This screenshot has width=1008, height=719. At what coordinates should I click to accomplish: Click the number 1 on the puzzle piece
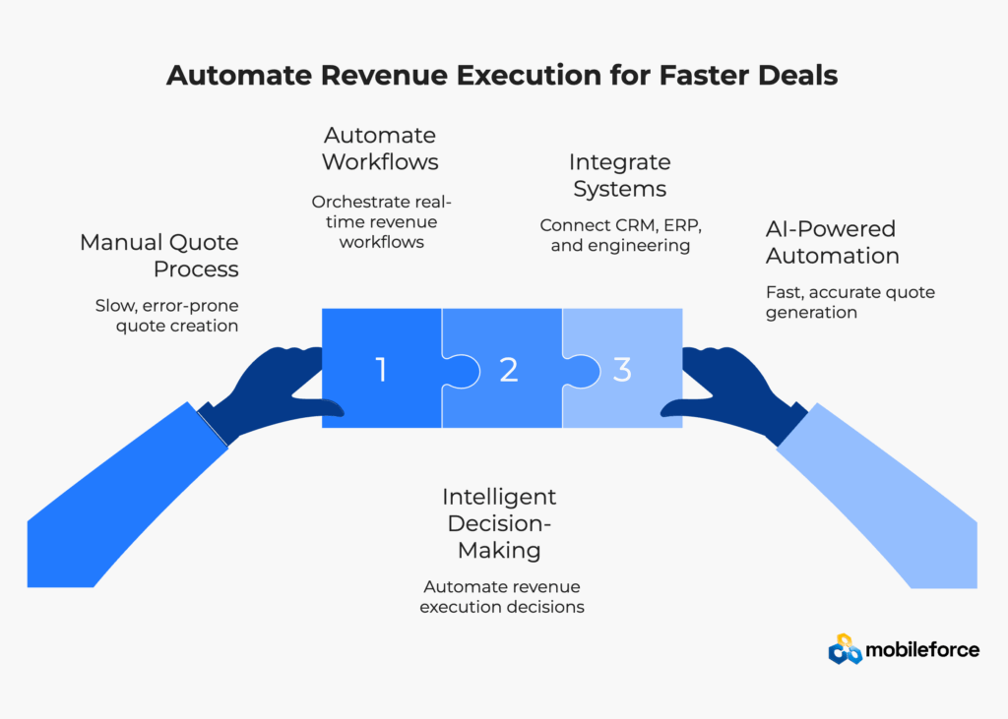pyautogui.click(x=381, y=370)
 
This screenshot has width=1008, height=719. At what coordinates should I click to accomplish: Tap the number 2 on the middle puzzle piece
pyautogui.click(x=508, y=370)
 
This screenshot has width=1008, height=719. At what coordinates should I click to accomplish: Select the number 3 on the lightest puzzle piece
pyautogui.click(x=622, y=370)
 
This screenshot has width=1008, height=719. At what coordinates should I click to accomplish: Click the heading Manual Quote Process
pyautogui.click(x=159, y=255)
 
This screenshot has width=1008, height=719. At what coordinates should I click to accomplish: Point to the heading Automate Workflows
pyautogui.click(x=380, y=148)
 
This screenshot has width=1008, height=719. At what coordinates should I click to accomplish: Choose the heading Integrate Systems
pyautogui.click(x=619, y=174)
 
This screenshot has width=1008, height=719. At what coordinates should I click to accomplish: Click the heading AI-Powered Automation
pyautogui.click(x=832, y=242)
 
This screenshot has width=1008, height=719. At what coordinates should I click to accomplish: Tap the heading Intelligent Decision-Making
pyautogui.click(x=499, y=523)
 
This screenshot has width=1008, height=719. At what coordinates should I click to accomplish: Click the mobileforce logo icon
pyautogui.click(x=845, y=648)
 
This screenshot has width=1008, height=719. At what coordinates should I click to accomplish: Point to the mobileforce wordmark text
pyautogui.click(x=922, y=649)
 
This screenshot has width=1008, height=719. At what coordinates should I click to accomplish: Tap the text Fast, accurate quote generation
pyautogui.click(x=850, y=302)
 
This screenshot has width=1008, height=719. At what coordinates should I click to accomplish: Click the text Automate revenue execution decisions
pyautogui.click(x=502, y=596)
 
